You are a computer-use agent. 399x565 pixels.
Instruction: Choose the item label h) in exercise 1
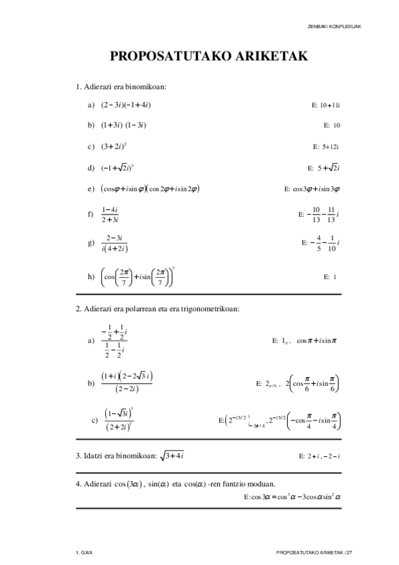pyautogui.click(x=91, y=276)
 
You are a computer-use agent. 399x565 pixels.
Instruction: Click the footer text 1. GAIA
pyautogui.click(x=84, y=553)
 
